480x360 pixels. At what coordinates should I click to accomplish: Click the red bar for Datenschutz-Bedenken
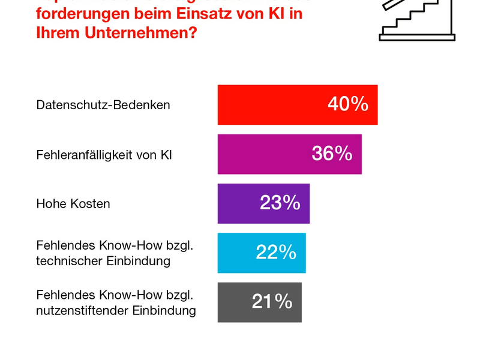pos(270,105)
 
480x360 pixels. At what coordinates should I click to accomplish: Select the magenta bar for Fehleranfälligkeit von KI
pos(264,154)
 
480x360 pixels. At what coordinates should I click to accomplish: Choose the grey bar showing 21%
pos(234,302)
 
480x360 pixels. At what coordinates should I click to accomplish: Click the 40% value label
pos(347,104)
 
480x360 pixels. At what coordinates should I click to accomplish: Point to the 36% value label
pos(332,154)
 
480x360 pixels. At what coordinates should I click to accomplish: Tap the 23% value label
pos(280,203)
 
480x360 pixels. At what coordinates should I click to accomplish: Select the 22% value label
pos(276,252)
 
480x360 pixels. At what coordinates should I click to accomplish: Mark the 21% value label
pos(272,301)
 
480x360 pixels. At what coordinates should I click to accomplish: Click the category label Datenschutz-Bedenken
pos(103,105)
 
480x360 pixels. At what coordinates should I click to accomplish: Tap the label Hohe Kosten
pos(73,203)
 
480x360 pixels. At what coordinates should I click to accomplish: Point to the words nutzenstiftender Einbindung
pos(116,311)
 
